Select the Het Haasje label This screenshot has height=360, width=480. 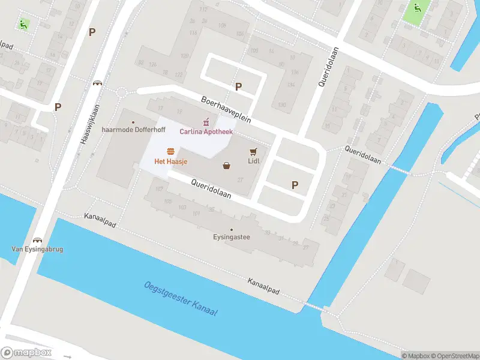170,161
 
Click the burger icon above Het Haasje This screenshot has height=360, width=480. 171,151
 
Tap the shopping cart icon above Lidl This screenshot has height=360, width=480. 253,151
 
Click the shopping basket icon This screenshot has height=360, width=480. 227,166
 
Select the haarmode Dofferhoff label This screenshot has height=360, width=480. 133,129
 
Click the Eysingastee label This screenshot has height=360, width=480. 232,237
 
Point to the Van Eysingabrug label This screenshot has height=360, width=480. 37,249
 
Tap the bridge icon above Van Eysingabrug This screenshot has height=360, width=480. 37,239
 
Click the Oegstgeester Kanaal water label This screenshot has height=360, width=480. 181,301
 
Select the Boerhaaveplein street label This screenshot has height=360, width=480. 226,110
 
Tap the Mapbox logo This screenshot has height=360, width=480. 26,353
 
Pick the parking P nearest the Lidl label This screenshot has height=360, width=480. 294,185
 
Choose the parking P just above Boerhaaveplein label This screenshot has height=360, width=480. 238,87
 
